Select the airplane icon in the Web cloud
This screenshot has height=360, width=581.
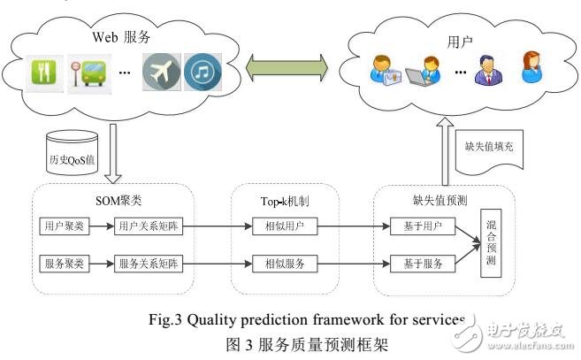click(162, 70)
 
